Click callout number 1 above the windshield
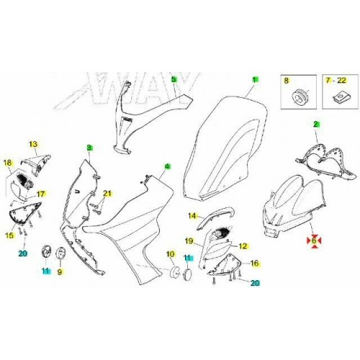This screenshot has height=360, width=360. [256, 80]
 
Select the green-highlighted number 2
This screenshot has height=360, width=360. [316, 124]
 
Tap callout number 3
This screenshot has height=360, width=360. [89, 148]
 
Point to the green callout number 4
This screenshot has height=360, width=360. [167, 166]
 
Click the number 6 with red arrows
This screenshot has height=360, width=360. [314, 240]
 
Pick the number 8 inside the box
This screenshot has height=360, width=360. [286, 81]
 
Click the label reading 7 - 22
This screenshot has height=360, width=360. [336, 81]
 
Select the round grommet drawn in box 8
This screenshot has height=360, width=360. [299, 96]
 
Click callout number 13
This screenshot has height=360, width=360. [33, 144]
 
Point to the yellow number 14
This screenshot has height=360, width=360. [192, 216]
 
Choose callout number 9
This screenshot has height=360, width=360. [60, 271]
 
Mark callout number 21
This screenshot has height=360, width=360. [107, 193]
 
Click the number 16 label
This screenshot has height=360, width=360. [255, 264]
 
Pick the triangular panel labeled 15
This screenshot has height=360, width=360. [24, 212]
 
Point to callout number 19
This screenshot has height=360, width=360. [189, 240]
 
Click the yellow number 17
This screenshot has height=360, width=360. [41, 194]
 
